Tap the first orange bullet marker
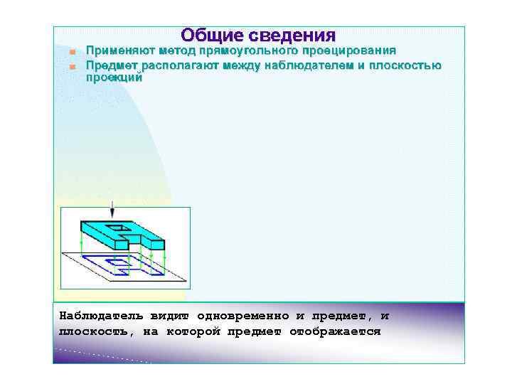coord(73,53)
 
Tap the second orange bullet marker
coord(73,66)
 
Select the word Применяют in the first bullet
coord(118,51)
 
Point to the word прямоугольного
coord(239,51)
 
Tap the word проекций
coord(114,78)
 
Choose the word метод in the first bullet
coord(178,51)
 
